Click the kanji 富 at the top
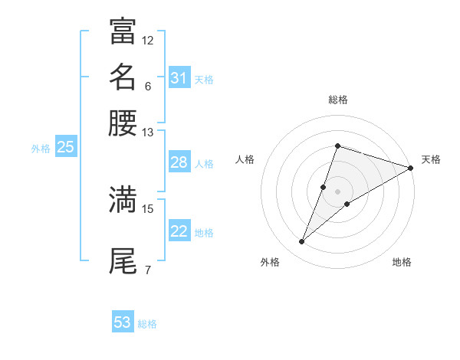pyautogui.click(x=123, y=31)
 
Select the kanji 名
pyautogui.click(x=123, y=77)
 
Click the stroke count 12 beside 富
pyautogui.click(x=148, y=40)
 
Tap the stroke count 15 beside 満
pyautogui.click(x=148, y=208)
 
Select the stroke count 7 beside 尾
pyautogui.click(x=148, y=270)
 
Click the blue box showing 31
pyautogui.click(x=179, y=78)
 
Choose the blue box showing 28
pyautogui.click(x=179, y=162)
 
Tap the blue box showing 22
pyautogui.click(x=179, y=232)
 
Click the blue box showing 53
pyautogui.click(x=123, y=322)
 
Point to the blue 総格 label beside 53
pyautogui.click(x=147, y=324)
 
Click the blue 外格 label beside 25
pyautogui.click(x=41, y=149)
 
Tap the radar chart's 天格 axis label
pyautogui.click(x=431, y=159)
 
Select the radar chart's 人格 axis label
pyautogui.click(x=245, y=159)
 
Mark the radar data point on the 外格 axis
pyautogui.click(x=302, y=242)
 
